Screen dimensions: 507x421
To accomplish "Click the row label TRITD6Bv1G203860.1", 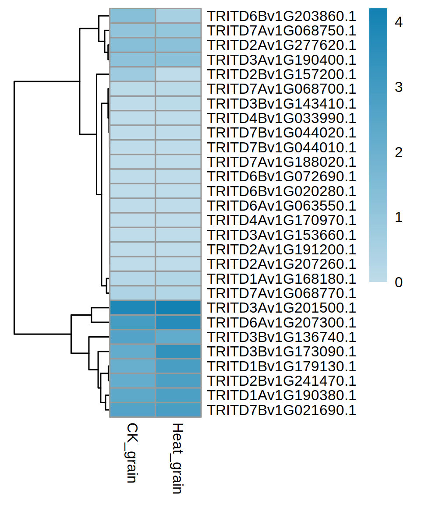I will point(281,16).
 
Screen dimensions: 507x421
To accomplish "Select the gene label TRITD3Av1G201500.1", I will point(281,308).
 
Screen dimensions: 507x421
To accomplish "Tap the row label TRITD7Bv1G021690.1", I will point(281,410).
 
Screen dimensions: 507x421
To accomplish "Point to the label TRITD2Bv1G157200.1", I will point(281,74).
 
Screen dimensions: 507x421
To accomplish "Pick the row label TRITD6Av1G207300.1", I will point(281,323).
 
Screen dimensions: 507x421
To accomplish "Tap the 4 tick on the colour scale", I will point(398,22).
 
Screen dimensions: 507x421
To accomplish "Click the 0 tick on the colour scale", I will point(398,282).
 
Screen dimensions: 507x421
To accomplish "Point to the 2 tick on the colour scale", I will point(398,152).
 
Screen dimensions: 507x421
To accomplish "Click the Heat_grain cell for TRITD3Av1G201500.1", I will point(178,308).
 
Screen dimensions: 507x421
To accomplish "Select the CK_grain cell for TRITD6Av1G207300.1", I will point(132,323).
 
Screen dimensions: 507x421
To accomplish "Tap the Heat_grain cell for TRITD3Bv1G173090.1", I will point(178,352).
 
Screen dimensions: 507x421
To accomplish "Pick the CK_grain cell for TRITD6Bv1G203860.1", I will point(132,16).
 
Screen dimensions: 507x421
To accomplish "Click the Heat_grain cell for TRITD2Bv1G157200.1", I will point(178,74).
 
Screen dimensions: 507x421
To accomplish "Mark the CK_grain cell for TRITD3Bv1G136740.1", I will point(132,337).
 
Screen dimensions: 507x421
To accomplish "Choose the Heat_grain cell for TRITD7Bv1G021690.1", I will point(178,410).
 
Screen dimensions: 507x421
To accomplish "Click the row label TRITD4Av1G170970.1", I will point(281,221).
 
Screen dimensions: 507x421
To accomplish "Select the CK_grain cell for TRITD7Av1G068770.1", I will point(132,293).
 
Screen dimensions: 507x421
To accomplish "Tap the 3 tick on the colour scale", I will point(398,87).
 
